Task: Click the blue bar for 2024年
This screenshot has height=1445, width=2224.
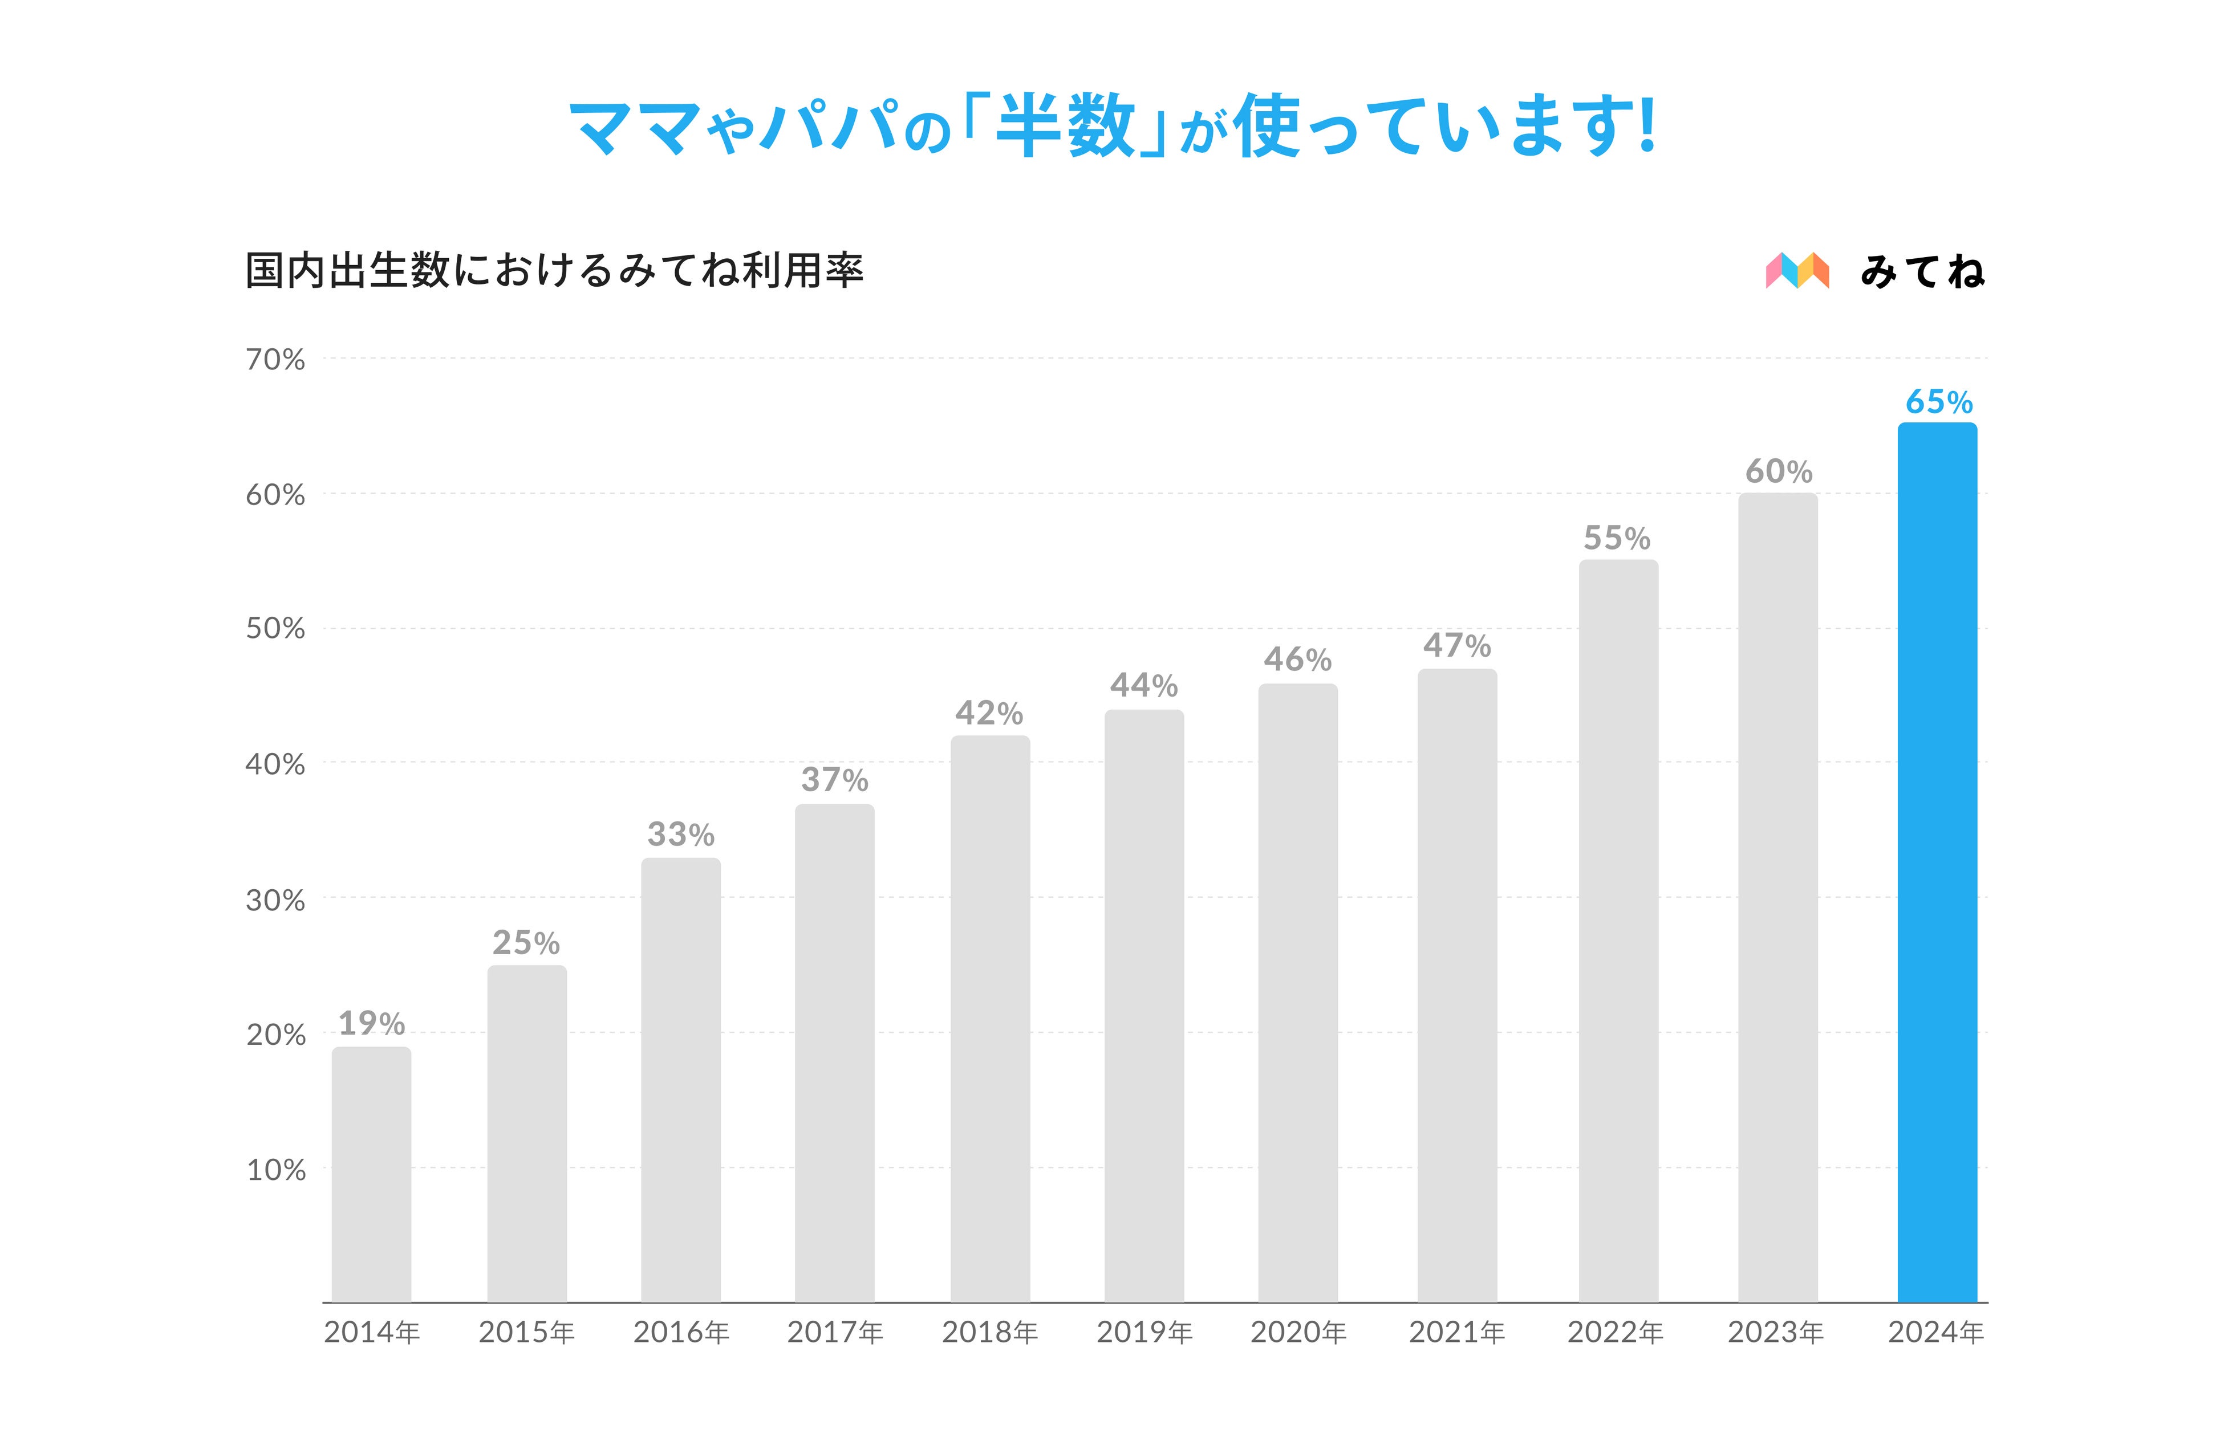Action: point(1937,862)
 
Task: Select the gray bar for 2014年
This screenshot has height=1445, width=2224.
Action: point(371,1174)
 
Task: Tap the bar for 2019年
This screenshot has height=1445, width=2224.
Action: point(1144,1006)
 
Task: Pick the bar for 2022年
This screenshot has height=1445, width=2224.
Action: point(1618,930)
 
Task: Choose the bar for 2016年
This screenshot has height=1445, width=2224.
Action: point(680,1080)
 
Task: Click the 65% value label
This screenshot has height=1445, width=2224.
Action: point(1939,402)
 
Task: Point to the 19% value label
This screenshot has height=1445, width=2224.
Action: point(371,1024)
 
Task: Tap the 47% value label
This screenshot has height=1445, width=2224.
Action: point(1457,645)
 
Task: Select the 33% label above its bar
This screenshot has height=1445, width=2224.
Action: point(680,834)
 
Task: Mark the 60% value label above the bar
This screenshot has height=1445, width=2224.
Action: point(1778,472)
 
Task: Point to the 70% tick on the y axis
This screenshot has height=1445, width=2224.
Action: point(275,360)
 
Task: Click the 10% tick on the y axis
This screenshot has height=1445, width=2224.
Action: point(275,1170)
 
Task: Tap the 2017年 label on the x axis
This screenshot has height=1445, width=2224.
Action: point(834,1332)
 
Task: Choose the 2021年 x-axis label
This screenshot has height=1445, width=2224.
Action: point(1457,1332)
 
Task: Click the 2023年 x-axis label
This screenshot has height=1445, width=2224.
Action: point(1775,1332)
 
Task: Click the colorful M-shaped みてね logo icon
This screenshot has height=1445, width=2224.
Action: point(1797,271)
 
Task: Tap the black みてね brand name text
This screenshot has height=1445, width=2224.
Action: point(1922,272)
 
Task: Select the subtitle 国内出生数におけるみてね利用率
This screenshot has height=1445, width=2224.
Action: point(554,271)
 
